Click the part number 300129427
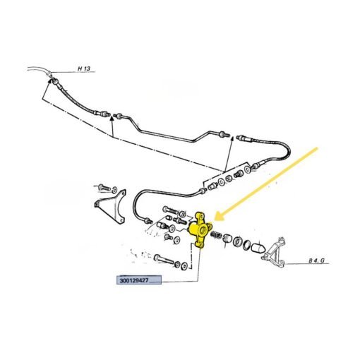coord(134,280)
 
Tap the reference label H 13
coord(84,68)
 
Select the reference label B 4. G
coord(316,260)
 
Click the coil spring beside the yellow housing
coord(216,235)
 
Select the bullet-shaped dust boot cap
coord(258,248)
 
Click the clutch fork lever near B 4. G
coord(274,253)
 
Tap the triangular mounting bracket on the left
coord(110,207)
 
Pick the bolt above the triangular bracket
coord(104,188)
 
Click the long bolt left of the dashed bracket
coord(164,259)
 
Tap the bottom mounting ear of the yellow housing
coord(200,245)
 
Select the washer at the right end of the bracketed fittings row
coord(247,169)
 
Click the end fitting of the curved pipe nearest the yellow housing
coord(148,220)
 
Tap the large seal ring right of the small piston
coord(237,242)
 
